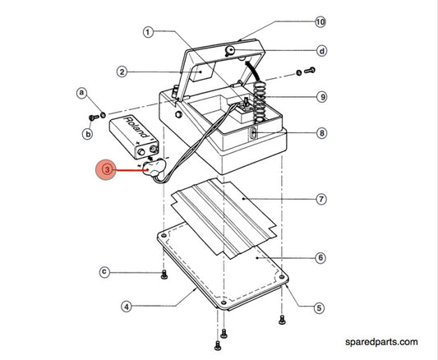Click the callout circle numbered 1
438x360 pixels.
tap(148, 32)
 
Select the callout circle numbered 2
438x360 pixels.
tap(122, 72)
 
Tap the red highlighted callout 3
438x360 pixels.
tap(106, 170)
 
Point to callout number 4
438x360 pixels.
tap(127, 307)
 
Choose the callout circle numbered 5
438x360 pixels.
tap(319, 308)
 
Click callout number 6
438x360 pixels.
tap(320, 257)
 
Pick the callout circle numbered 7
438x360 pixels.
tap(321, 199)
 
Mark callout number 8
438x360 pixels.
tap(322, 133)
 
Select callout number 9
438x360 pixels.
tap(322, 97)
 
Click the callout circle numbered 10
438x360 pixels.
tap(320, 22)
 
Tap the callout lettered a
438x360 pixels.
tap(81, 92)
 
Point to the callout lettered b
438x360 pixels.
tap(88, 134)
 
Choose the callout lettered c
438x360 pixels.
tap(104, 272)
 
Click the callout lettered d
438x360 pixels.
tap(322, 51)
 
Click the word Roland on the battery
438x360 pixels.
tap(136, 127)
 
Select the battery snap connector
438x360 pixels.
tap(154, 168)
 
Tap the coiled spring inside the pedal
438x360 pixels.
tap(259, 101)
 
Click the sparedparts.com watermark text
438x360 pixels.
tap(381, 342)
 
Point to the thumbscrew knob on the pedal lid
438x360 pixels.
tap(229, 51)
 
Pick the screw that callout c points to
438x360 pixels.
tap(164, 275)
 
